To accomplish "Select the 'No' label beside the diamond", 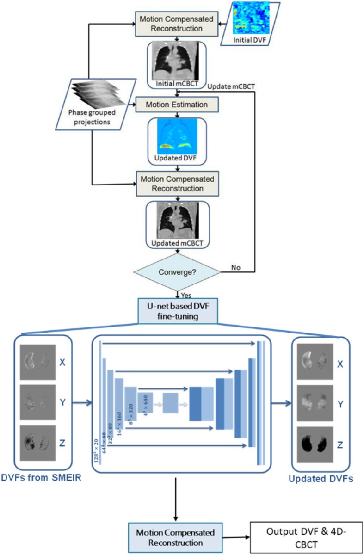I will (x=235, y=268).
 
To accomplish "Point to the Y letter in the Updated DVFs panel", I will (x=340, y=404).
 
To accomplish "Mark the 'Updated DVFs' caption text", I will (x=321, y=480).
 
